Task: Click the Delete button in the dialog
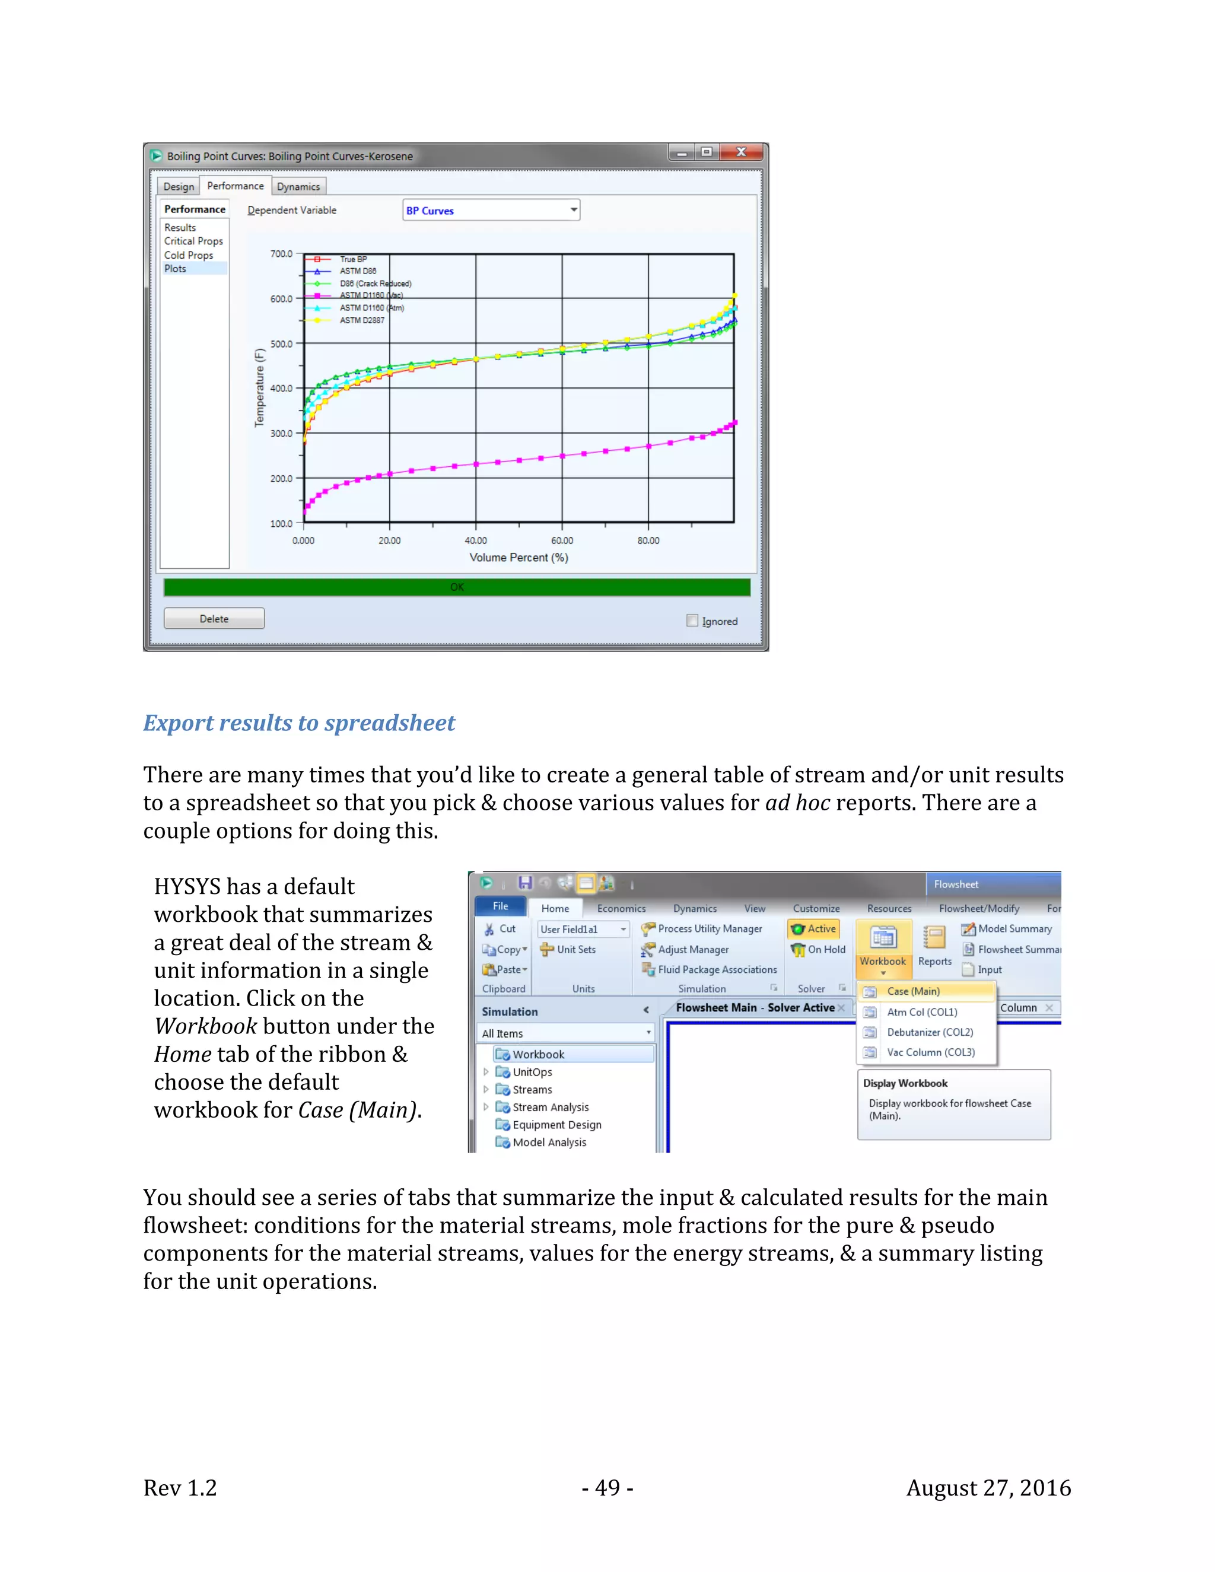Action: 214,619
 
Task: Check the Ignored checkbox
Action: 692,620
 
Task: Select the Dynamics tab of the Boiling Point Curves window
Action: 298,186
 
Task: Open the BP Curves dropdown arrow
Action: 574,210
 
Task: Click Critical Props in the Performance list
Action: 193,241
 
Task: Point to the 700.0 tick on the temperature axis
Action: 281,254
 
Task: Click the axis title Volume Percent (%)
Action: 519,557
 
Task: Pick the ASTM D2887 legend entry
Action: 361,320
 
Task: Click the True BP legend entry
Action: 353,259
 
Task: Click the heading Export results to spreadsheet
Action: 299,723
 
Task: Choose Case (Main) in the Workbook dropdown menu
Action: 912,991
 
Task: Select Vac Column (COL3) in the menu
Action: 930,1052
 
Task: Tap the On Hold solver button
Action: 819,949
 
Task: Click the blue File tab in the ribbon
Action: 500,906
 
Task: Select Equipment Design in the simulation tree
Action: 556,1125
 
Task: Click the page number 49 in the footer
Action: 607,1488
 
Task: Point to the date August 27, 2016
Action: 988,1488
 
